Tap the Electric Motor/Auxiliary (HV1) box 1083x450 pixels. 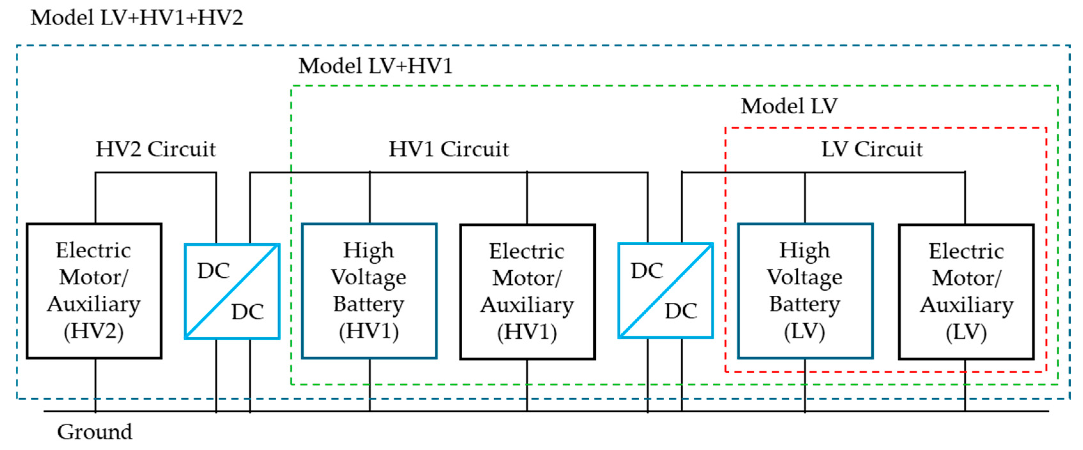tap(527, 292)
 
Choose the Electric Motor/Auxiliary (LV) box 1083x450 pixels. tap(966, 292)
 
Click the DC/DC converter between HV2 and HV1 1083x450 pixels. tap(232, 291)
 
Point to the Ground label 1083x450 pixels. tap(95, 432)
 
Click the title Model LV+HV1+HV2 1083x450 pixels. tap(137, 18)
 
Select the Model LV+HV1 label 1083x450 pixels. tap(375, 66)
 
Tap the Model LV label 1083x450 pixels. tap(789, 106)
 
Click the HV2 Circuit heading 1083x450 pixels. tap(156, 149)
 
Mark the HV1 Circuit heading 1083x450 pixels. tap(449, 149)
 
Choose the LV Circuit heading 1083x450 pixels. tap(872, 149)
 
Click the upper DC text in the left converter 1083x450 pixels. tap(214, 271)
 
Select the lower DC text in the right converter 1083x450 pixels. tap(681, 311)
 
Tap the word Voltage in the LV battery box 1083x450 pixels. tap(805, 277)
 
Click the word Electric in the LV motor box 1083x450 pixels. tap(966, 252)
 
